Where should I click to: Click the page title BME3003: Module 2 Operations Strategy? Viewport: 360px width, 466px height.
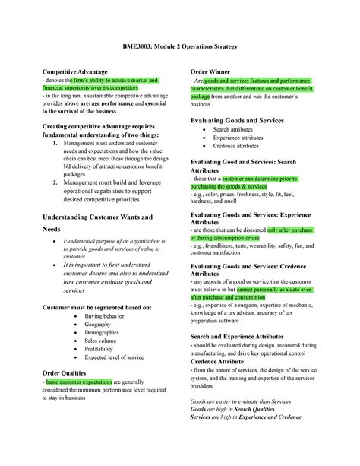pyautogui.click(x=180, y=48)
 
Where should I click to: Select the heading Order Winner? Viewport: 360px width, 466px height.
pyautogui.click(x=214, y=71)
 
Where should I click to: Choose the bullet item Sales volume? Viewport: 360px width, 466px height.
pyautogui.click(x=104, y=341)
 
